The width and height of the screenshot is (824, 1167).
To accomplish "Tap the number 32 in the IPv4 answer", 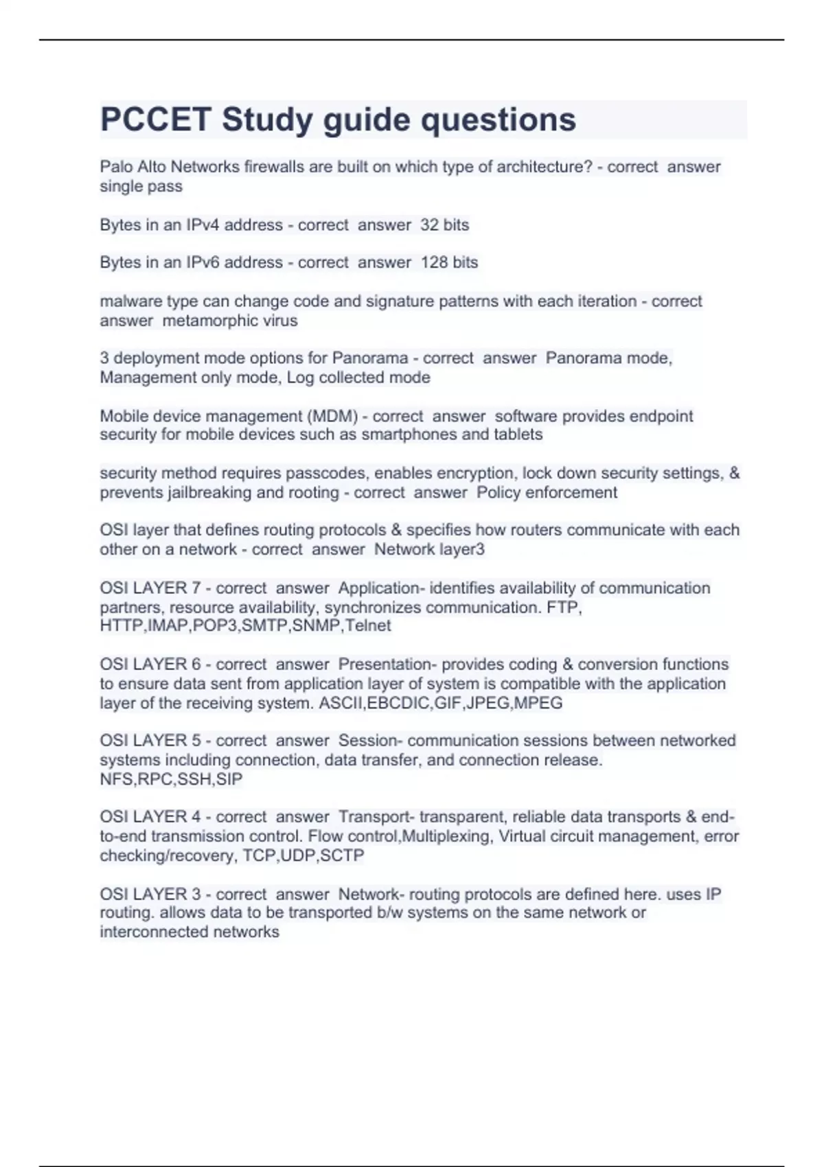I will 429,225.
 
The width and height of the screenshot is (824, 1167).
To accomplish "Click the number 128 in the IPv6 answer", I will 434,262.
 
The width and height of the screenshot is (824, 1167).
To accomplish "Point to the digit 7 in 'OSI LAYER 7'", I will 196,588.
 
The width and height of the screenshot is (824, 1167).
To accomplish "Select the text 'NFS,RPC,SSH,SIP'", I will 171,779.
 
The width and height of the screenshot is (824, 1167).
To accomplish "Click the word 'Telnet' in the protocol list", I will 368,625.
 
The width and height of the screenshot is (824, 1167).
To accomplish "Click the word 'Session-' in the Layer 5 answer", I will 369,741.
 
